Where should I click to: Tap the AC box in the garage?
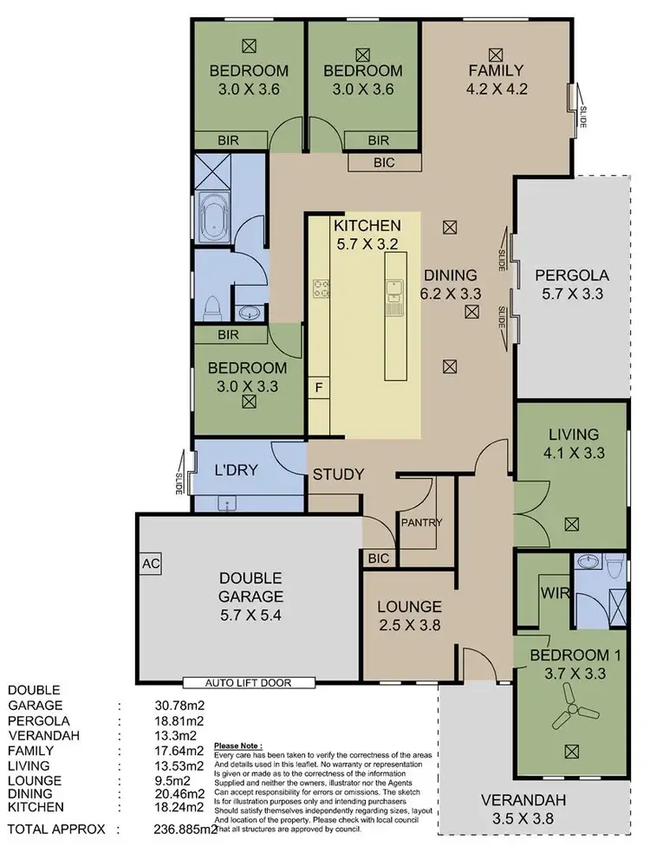click(148, 562)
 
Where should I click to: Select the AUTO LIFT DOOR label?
click(248, 682)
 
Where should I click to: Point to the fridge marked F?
click(319, 387)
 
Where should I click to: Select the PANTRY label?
click(421, 522)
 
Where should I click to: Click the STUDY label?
click(338, 474)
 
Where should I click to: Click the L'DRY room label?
click(232, 473)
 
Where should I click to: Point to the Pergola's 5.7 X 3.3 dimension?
click(572, 294)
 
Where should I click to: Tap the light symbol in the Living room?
click(571, 524)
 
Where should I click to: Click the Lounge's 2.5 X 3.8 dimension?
click(408, 623)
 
